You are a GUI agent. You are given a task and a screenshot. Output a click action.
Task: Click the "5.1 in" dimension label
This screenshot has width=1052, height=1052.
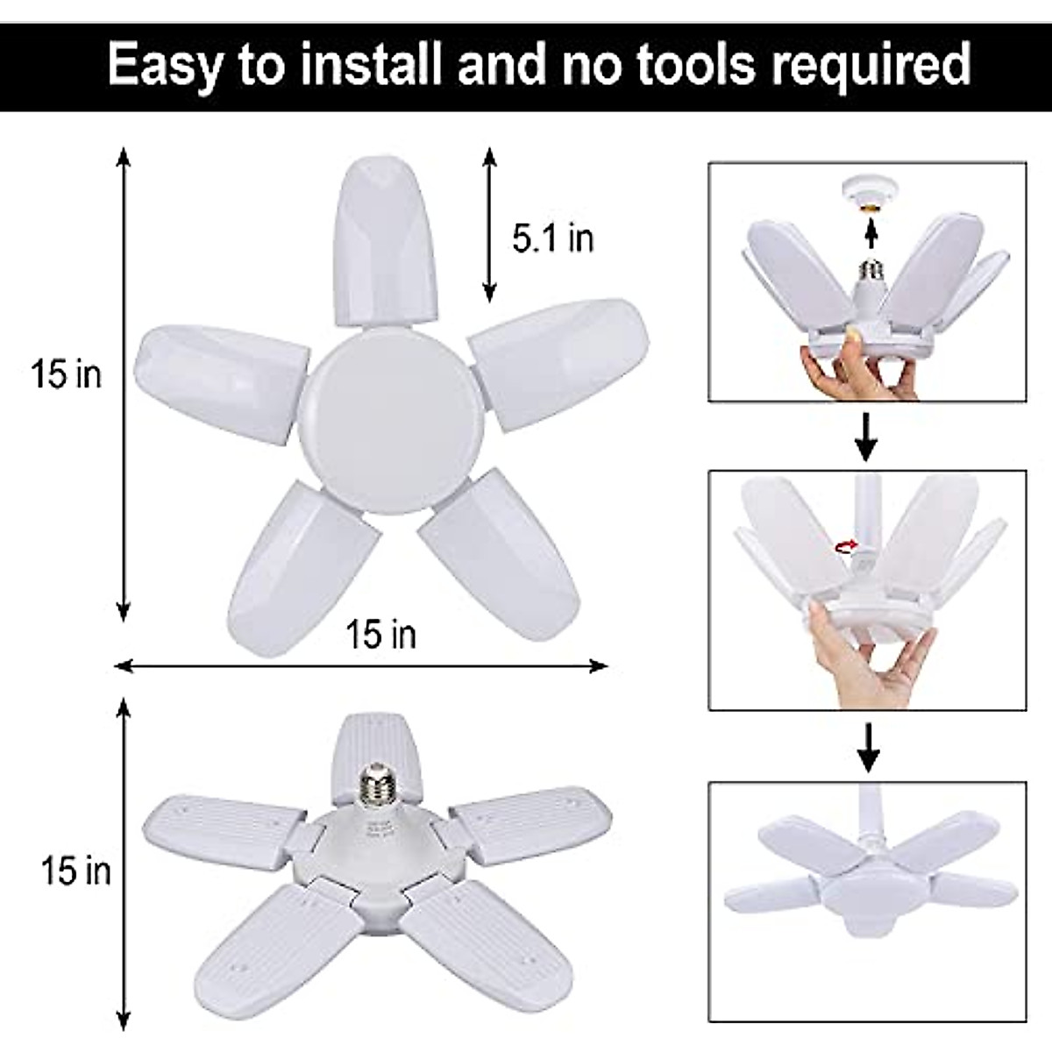tap(552, 238)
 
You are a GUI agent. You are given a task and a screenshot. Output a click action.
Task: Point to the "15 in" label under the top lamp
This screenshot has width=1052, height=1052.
tap(380, 634)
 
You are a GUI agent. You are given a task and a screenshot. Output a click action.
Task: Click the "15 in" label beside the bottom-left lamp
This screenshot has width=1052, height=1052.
tap(76, 871)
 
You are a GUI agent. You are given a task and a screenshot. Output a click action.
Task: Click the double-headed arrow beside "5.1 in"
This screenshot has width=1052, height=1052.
tap(489, 225)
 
